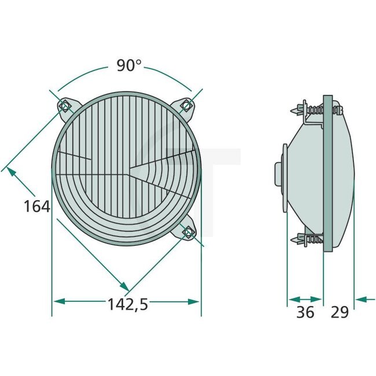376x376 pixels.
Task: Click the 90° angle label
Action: click(129, 65)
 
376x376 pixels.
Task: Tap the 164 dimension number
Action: click(37, 205)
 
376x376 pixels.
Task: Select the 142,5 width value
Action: click(127, 304)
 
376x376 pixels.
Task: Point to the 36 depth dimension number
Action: click(305, 312)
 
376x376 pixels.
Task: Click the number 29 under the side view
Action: click(340, 312)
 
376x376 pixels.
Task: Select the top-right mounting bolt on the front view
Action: click(186, 105)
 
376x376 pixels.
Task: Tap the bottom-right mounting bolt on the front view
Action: click(187, 233)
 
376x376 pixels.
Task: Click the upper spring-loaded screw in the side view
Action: click(309, 108)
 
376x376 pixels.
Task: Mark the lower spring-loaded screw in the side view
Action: click(309, 238)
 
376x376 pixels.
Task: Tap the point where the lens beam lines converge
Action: click(131, 171)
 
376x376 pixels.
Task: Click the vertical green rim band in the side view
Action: click(328, 174)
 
